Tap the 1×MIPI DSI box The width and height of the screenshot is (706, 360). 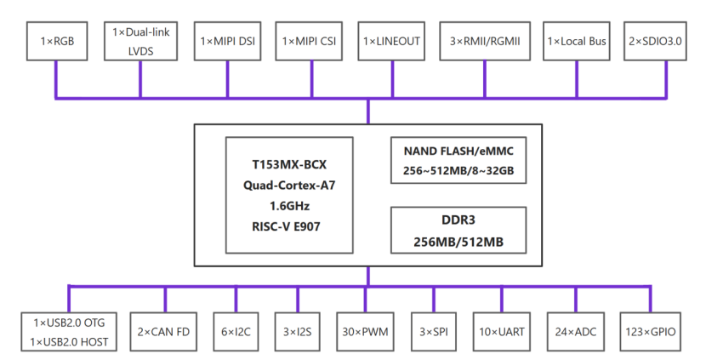coord(227,41)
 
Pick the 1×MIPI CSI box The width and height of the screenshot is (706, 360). coord(309,41)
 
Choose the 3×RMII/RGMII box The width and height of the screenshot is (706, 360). coord(484,41)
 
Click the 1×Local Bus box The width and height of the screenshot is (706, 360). coord(577,41)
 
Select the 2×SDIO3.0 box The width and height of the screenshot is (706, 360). coord(658,41)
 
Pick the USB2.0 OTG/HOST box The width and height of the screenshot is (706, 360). coord(69,332)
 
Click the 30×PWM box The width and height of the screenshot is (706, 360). coord(366,332)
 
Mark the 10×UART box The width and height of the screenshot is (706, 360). coord(502,332)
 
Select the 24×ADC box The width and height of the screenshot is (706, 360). coord(575,332)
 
